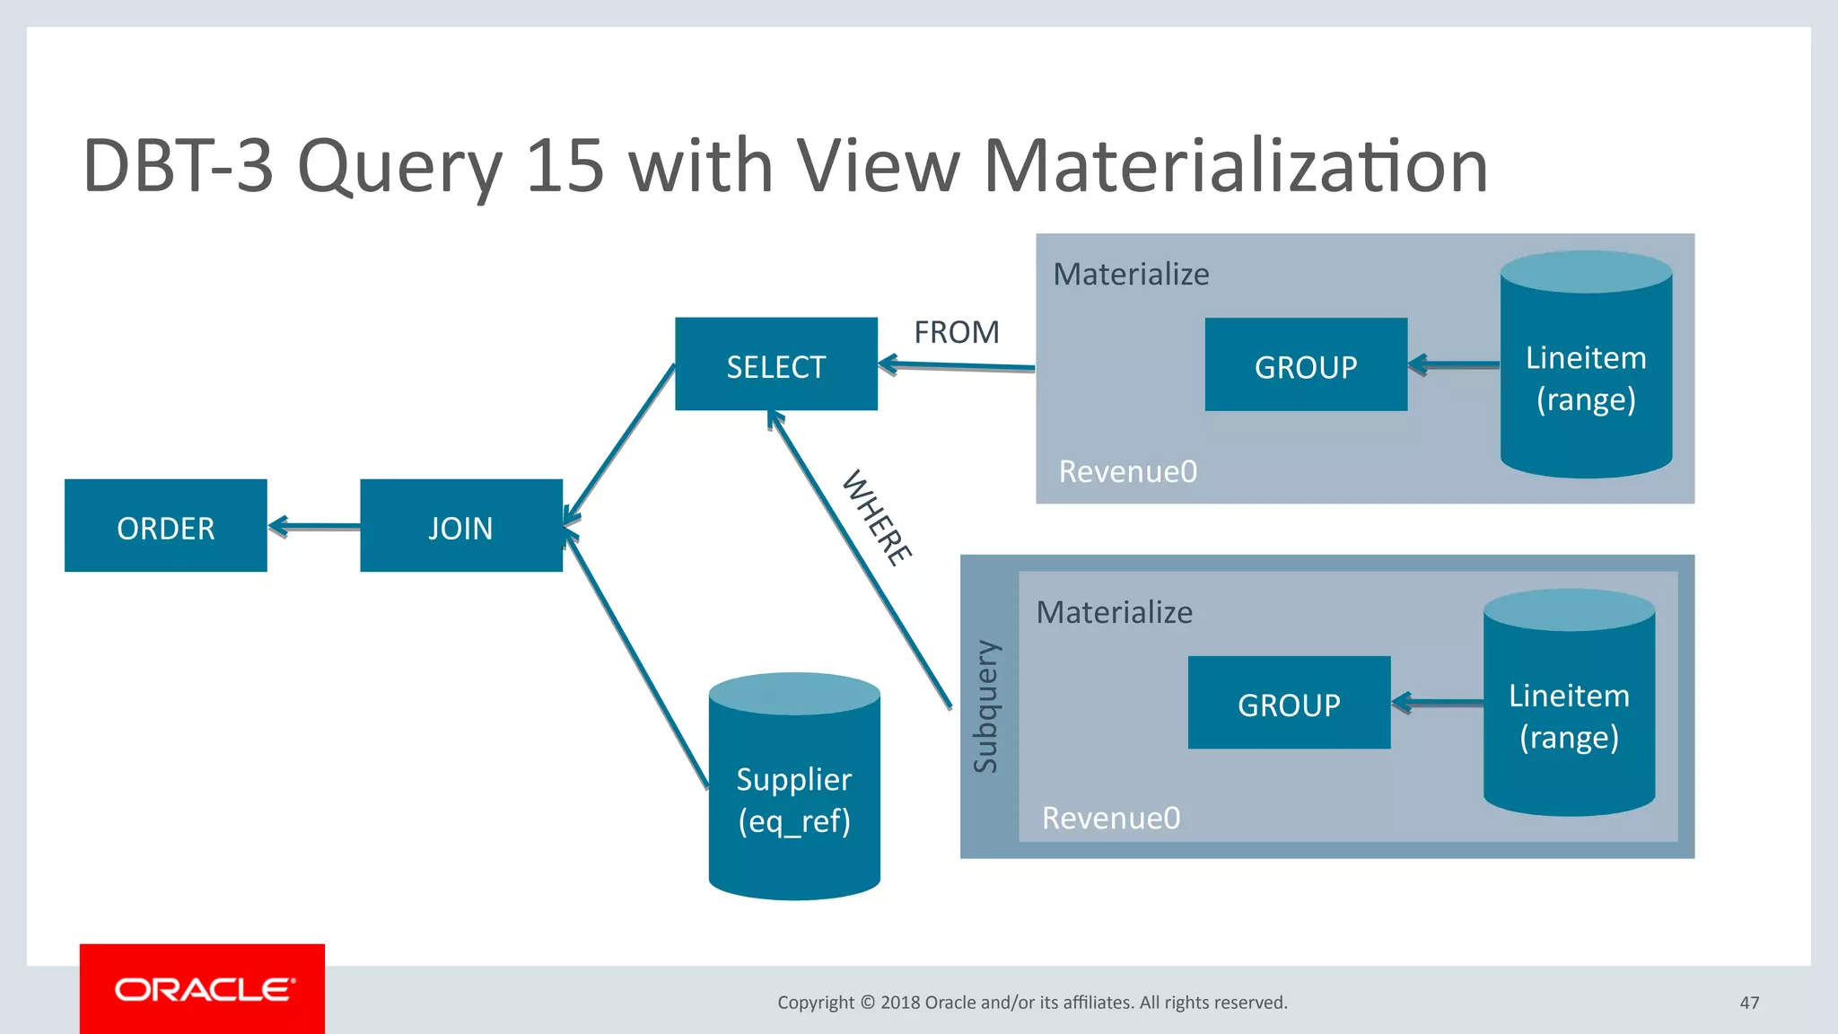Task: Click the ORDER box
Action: [166, 526]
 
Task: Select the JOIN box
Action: [461, 526]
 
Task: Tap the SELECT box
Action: [776, 364]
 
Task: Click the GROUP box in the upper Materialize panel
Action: [1306, 365]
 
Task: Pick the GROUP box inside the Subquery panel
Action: [1289, 703]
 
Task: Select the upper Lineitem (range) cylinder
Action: [1586, 368]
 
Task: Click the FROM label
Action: [957, 333]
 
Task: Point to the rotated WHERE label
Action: [878, 518]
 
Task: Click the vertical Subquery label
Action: [986, 706]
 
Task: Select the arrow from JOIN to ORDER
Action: [314, 527]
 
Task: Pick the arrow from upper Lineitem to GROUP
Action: [1454, 365]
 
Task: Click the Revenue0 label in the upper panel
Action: [1128, 472]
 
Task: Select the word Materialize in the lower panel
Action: [1115, 613]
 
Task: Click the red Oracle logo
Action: [203, 989]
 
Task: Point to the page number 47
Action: [1749, 1003]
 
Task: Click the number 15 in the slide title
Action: [565, 166]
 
